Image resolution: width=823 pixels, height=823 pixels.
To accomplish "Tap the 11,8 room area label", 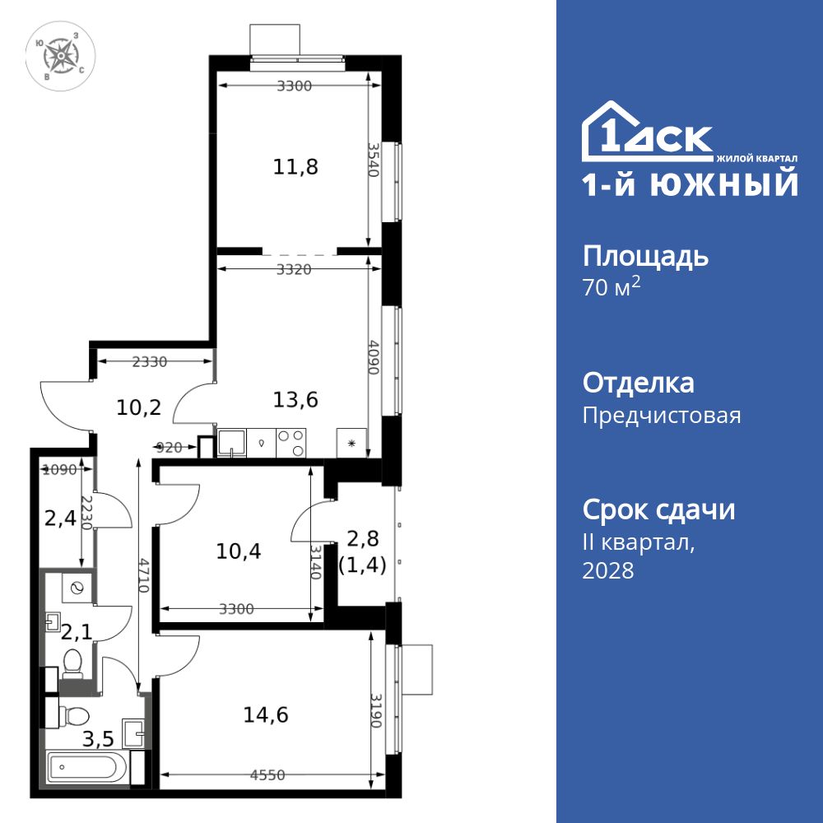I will click(295, 167).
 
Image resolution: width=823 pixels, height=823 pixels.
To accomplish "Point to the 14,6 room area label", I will click(265, 714).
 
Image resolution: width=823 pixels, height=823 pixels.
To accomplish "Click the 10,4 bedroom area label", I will click(239, 551).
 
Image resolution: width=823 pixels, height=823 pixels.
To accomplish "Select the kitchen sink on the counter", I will click(230, 444).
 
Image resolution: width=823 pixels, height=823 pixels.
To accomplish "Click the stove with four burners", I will click(291, 444).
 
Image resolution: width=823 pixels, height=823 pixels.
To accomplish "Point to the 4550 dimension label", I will click(269, 774).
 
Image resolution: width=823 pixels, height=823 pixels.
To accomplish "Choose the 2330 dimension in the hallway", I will click(150, 360).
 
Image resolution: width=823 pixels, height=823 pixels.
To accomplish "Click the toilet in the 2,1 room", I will click(74, 662).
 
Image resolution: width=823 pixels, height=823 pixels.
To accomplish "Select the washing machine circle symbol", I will click(78, 588).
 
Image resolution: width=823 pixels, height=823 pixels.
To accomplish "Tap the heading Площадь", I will click(645, 256).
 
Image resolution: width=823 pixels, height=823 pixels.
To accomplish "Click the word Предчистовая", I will click(662, 416).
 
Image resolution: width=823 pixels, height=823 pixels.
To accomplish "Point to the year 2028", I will click(608, 570).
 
